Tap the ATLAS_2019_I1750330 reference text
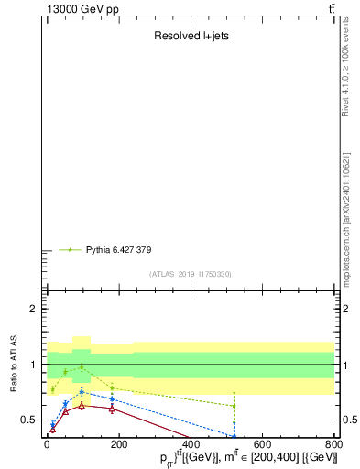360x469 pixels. [x=191, y=274]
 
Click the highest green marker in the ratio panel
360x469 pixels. [x=82, y=367]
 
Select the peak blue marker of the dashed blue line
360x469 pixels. [x=82, y=392]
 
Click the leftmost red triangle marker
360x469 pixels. [x=52, y=429]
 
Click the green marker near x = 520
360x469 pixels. [x=234, y=406]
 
